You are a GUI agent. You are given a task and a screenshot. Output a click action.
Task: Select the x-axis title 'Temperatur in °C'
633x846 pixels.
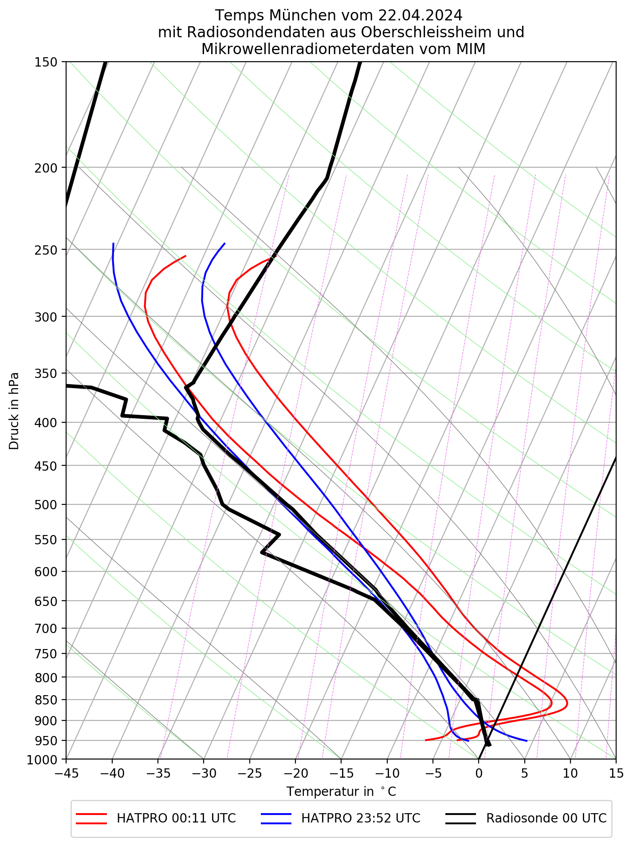pyautogui.click(x=341, y=791)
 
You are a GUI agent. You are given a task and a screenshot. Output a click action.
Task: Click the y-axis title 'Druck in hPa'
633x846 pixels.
pyautogui.click(x=15, y=411)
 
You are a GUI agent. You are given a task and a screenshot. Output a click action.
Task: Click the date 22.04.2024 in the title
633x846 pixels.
pyautogui.click(x=420, y=16)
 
